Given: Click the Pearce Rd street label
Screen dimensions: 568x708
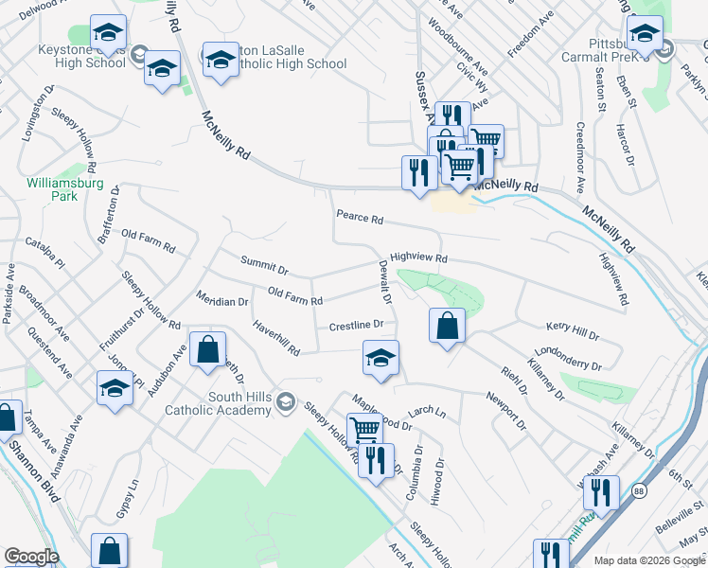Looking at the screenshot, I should (360, 219).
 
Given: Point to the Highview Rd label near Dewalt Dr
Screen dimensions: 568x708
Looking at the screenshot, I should (417, 257).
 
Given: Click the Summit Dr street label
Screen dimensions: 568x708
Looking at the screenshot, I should (263, 265).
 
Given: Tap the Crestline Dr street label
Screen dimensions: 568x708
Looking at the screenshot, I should (356, 326).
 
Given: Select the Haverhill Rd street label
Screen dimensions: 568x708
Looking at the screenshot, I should (275, 338).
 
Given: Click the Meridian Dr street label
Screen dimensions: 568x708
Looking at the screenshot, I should (221, 302).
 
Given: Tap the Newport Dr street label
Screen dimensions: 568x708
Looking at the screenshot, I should (505, 412).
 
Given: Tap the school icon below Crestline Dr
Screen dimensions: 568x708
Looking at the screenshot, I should (381, 358).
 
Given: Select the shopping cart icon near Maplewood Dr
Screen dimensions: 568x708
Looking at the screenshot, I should (364, 430).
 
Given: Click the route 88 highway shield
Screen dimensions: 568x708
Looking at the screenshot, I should (641, 490).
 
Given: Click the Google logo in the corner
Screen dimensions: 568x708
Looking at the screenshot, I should (31, 557).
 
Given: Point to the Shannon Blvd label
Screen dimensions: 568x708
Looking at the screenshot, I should (37, 474).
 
